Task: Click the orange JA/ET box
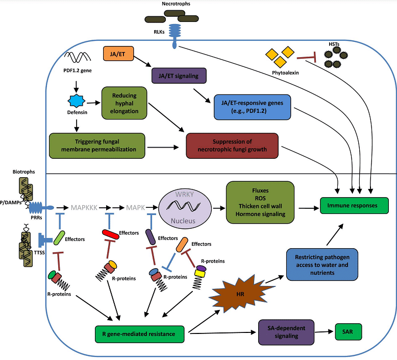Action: [118, 54]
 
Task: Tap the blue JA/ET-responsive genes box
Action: [252, 106]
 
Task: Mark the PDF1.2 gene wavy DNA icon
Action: [78, 57]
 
